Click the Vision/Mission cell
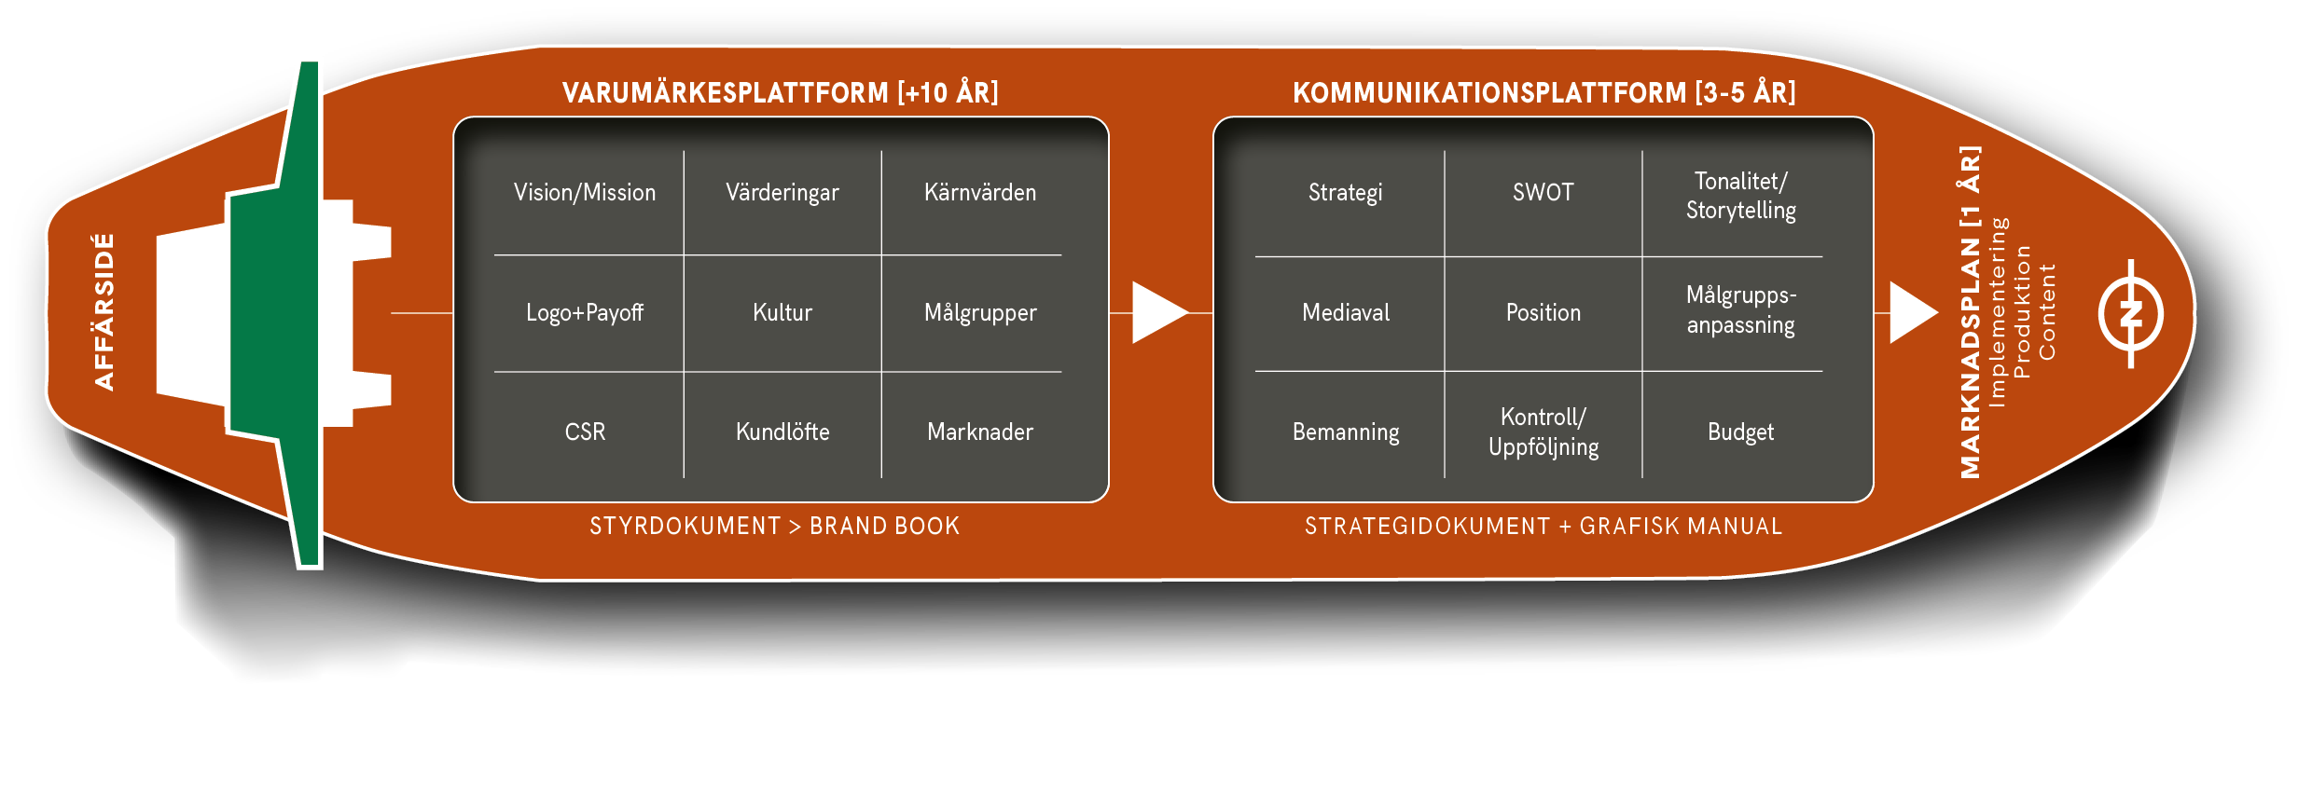tap(585, 193)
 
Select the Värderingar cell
tap(782, 193)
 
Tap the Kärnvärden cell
tap(980, 193)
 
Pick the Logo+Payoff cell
tap(585, 313)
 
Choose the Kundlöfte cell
tap(782, 432)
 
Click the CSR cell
tap(585, 432)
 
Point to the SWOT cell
tap(1544, 193)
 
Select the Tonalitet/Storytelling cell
tap(1741, 196)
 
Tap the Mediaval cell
tap(1346, 313)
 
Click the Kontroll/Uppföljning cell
tap(1544, 432)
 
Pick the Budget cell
tap(1741, 432)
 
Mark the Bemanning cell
tap(1346, 432)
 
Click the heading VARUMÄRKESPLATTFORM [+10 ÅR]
tap(780, 93)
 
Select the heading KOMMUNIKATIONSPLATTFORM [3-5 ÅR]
tap(1544, 93)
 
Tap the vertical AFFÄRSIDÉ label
tap(104, 312)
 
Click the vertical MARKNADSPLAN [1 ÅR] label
tap(1970, 312)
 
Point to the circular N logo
tap(2131, 313)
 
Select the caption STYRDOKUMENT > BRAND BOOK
tap(774, 527)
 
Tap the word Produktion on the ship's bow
tap(2022, 312)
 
